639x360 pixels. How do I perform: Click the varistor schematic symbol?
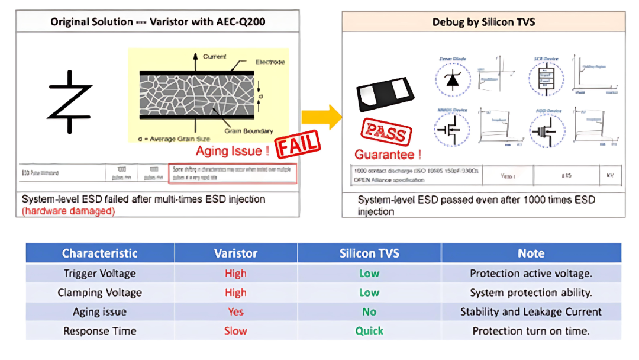point(70,101)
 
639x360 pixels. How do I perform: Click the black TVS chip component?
point(385,94)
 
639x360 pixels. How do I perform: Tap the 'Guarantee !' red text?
point(388,155)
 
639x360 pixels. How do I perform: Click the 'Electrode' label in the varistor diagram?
point(270,62)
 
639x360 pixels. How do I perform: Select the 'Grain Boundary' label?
point(249,131)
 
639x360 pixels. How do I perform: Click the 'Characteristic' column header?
point(99,253)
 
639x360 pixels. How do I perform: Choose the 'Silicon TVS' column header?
point(369,253)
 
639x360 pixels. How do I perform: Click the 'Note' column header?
point(531,253)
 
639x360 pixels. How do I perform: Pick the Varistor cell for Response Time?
point(235,331)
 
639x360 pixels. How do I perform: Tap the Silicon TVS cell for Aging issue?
point(369,312)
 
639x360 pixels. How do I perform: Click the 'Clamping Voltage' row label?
point(99,292)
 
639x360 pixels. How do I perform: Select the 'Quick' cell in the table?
point(369,331)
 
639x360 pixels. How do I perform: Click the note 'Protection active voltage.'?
point(531,274)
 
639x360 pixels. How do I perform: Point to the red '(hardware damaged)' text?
point(68,211)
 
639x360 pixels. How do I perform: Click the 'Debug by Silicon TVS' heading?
point(483,22)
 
